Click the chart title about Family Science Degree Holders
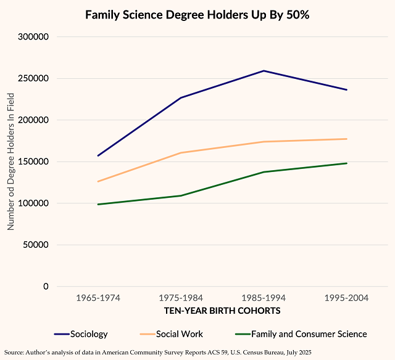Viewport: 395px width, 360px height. point(197,14)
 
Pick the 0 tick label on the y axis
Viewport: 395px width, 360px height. point(46,286)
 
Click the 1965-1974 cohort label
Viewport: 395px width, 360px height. point(98,298)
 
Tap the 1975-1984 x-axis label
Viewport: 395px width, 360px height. point(181,298)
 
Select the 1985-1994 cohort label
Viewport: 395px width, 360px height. point(264,298)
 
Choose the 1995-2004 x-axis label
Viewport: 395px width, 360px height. point(346,298)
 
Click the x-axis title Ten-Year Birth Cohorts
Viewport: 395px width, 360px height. point(222,311)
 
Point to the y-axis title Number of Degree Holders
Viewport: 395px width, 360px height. point(10,162)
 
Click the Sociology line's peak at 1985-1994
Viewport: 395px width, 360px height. point(264,71)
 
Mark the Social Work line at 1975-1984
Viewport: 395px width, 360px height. point(181,153)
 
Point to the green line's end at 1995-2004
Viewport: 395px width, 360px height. point(346,163)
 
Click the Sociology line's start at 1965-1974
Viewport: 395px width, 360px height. point(98,156)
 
